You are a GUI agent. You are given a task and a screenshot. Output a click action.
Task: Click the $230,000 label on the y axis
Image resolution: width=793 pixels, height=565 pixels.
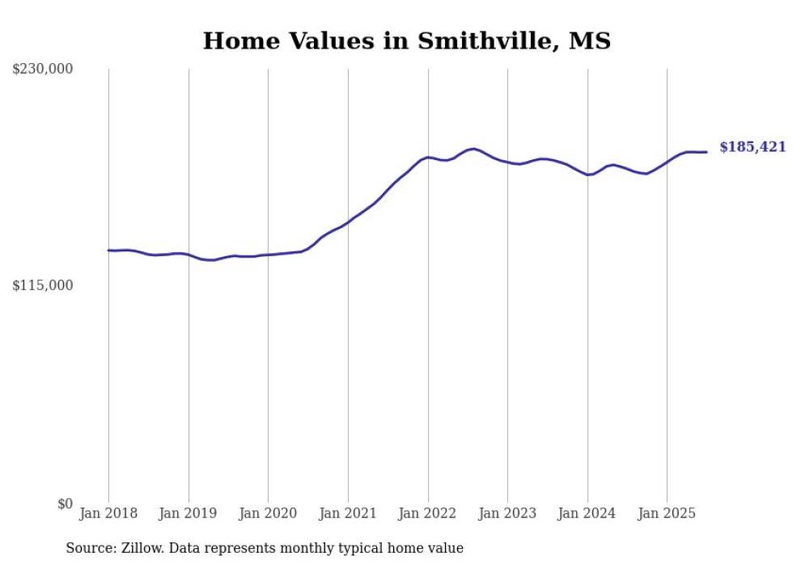43,70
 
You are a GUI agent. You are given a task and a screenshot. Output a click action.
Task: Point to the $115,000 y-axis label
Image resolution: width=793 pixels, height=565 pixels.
43,285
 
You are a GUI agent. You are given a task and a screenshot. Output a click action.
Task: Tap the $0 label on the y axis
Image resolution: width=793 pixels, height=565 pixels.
65,504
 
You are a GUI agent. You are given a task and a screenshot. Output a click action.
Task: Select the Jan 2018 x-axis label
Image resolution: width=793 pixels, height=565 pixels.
108,513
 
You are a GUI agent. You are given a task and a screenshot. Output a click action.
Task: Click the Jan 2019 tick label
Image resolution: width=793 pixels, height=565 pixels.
189,513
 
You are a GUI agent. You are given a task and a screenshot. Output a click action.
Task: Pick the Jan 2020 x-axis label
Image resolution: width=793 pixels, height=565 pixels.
268,513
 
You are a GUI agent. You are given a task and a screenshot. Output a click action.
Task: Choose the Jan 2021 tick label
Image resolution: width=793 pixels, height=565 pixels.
348,513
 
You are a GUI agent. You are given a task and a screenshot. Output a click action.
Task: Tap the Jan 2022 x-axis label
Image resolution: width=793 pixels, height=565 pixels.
428,513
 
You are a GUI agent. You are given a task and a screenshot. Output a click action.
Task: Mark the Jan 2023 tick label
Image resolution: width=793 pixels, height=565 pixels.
507,513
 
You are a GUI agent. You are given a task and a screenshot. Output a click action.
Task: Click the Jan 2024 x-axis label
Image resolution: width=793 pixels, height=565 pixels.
587,513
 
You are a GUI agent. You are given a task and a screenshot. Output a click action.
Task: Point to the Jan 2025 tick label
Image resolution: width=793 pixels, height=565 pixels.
667,513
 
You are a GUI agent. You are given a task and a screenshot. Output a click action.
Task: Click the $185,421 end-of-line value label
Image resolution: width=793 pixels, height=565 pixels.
753,147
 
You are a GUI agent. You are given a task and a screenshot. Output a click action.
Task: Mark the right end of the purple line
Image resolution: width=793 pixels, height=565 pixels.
706,152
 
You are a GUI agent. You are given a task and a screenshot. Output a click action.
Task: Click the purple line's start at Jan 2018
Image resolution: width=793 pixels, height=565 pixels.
108,251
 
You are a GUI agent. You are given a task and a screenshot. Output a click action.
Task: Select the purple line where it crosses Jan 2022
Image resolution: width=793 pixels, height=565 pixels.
428,158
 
